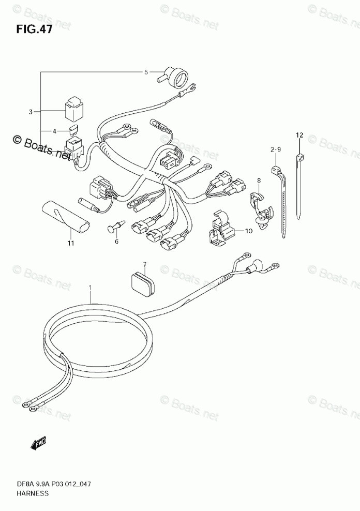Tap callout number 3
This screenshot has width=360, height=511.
click(31, 111)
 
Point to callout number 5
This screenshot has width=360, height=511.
click(146, 72)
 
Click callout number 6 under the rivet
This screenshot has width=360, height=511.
click(116, 241)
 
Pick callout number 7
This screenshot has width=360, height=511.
click(145, 264)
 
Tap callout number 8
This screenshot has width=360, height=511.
click(259, 181)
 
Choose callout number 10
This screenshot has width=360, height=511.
click(248, 231)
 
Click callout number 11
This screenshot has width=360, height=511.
click(70, 243)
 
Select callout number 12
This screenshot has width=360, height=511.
click(298, 135)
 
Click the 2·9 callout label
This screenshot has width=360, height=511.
click(275, 149)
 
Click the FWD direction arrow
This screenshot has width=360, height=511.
click(38, 443)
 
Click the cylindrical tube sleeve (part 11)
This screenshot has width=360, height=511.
click(66, 217)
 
